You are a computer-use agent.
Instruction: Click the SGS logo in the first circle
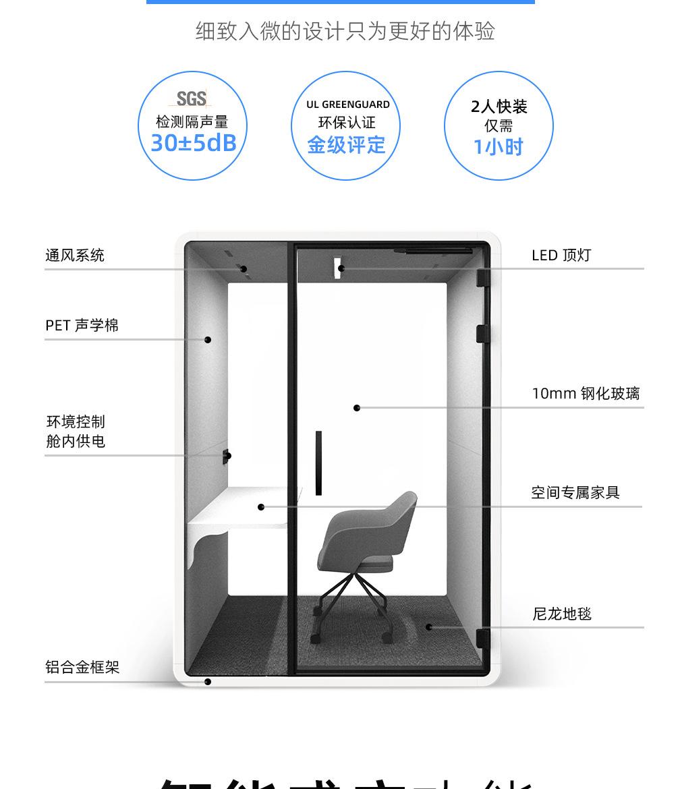point(192,98)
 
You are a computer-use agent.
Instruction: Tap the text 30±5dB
point(193,144)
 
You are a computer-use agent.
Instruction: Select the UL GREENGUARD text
point(347,105)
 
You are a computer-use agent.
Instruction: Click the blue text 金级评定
point(346,145)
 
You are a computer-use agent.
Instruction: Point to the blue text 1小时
point(498,147)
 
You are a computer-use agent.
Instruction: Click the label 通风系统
point(75,256)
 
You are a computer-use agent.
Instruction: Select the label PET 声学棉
point(82,326)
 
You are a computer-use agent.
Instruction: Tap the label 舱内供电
point(76,442)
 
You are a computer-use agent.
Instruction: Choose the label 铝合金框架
point(82,668)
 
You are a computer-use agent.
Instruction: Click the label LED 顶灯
point(561,256)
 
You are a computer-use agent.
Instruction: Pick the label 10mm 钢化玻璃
point(586,394)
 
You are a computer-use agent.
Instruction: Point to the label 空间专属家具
point(575,493)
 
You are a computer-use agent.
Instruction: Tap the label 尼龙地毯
point(562,614)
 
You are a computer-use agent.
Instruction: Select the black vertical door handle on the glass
point(318,463)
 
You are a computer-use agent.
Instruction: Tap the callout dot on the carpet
point(429,627)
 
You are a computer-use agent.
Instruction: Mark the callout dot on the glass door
point(357,408)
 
